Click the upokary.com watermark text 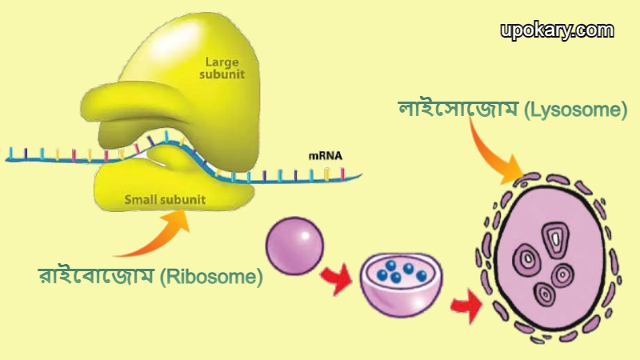coord(558,30)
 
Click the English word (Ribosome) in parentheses coord(211,278)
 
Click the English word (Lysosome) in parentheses coord(575,110)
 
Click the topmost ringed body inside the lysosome coord(553,236)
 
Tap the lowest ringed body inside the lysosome coord(546,293)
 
